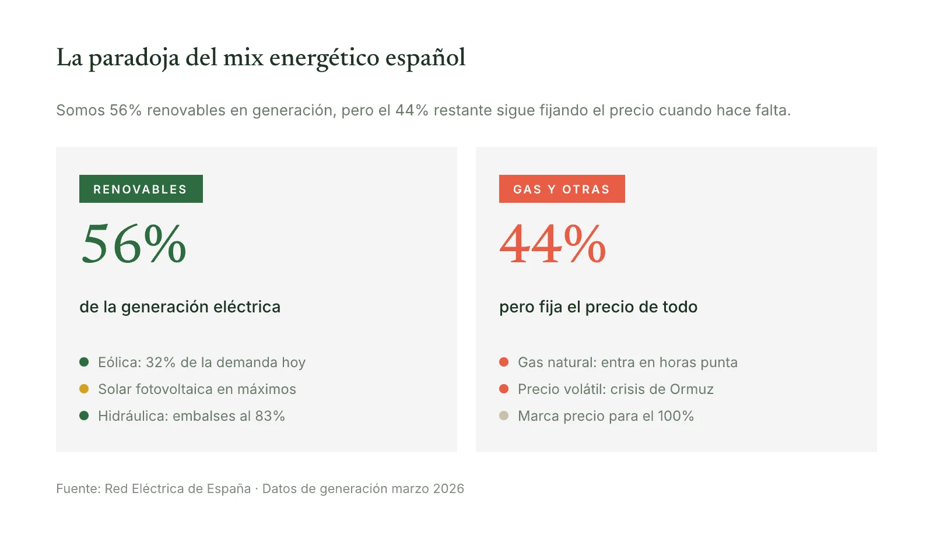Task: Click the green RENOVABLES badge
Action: click(x=141, y=189)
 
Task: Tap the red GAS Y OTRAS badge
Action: click(x=562, y=189)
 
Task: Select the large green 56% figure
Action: click(x=134, y=244)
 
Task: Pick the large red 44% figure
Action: click(x=553, y=244)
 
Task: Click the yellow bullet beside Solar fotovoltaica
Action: click(x=84, y=389)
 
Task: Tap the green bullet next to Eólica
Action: click(x=84, y=362)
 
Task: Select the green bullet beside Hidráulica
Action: click(x=84, y=416)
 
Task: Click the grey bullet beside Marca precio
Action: click(x=504, y=416)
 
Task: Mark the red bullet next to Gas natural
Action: click(x=504, y=362)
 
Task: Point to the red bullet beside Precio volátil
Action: click(x=504, y=389)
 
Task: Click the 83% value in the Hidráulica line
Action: click(x=270, y=416)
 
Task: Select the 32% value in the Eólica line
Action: click(x=160, y=362)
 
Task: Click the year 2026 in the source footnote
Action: click(x=448, y=489)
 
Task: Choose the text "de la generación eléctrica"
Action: click(x=180, y=307)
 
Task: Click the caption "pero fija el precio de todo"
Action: click(x=598, y=307)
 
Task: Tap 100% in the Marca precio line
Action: click(x=675, y=416)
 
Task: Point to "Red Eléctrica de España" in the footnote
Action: click(x=178, y=489)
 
